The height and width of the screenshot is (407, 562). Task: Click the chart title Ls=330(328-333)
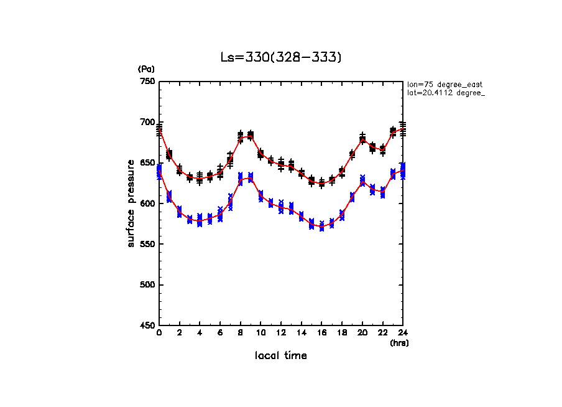click(281, 57)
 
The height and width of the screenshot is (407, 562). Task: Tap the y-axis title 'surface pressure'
click(131, 203)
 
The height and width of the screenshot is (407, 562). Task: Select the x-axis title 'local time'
click(281, 356)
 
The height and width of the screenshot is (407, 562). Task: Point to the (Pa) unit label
click(145, 69)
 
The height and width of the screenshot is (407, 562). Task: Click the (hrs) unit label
click(399, 343)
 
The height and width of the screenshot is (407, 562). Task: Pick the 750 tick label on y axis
click(147, 82)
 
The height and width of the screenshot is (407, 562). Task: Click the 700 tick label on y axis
click(147, 122)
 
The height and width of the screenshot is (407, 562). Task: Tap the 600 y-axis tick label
click(147, 203)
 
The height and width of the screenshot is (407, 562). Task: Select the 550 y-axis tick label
click(147, 244)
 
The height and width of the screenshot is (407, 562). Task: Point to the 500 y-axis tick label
click(147, 285)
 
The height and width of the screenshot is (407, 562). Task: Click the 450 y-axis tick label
click(147, 325)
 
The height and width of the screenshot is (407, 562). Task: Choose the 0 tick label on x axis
click(159, 334)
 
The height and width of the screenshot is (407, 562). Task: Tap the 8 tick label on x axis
click(241, 334)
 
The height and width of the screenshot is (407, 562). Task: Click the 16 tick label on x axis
click(321, 334)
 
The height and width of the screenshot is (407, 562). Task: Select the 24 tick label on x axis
click(403, 334)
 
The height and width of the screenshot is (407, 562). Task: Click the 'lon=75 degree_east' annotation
click(445, 84)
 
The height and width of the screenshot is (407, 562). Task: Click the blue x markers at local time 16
click(321, 227)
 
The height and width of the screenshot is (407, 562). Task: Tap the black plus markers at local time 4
click(200, 179)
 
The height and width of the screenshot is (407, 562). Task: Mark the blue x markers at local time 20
click(362, 181)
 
